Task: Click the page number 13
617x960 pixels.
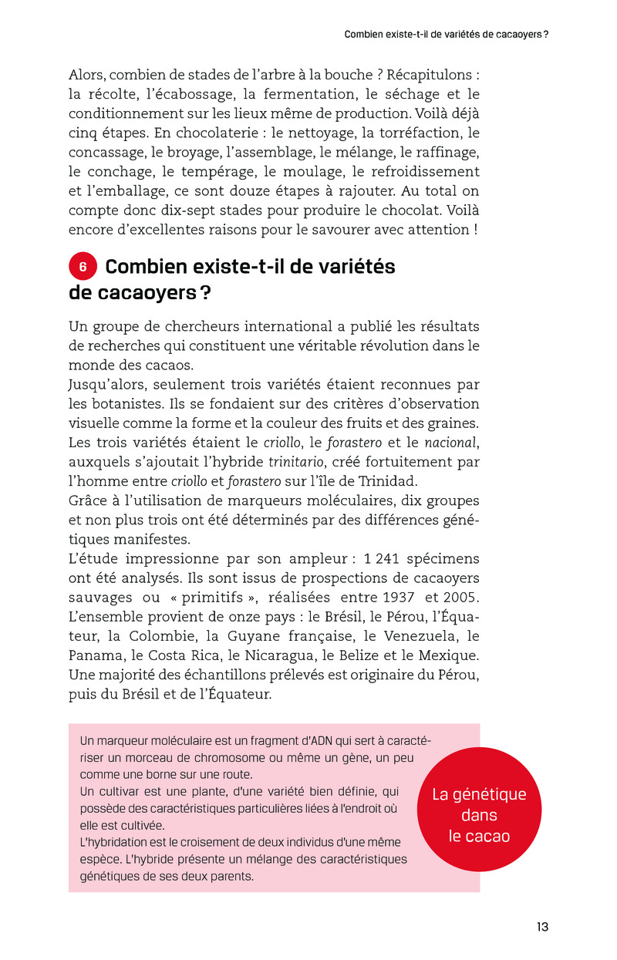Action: (543, 927)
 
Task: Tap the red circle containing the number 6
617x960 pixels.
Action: (83, 267)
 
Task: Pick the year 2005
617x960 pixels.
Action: (463, 598)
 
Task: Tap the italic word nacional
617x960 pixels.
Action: (451, 443)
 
